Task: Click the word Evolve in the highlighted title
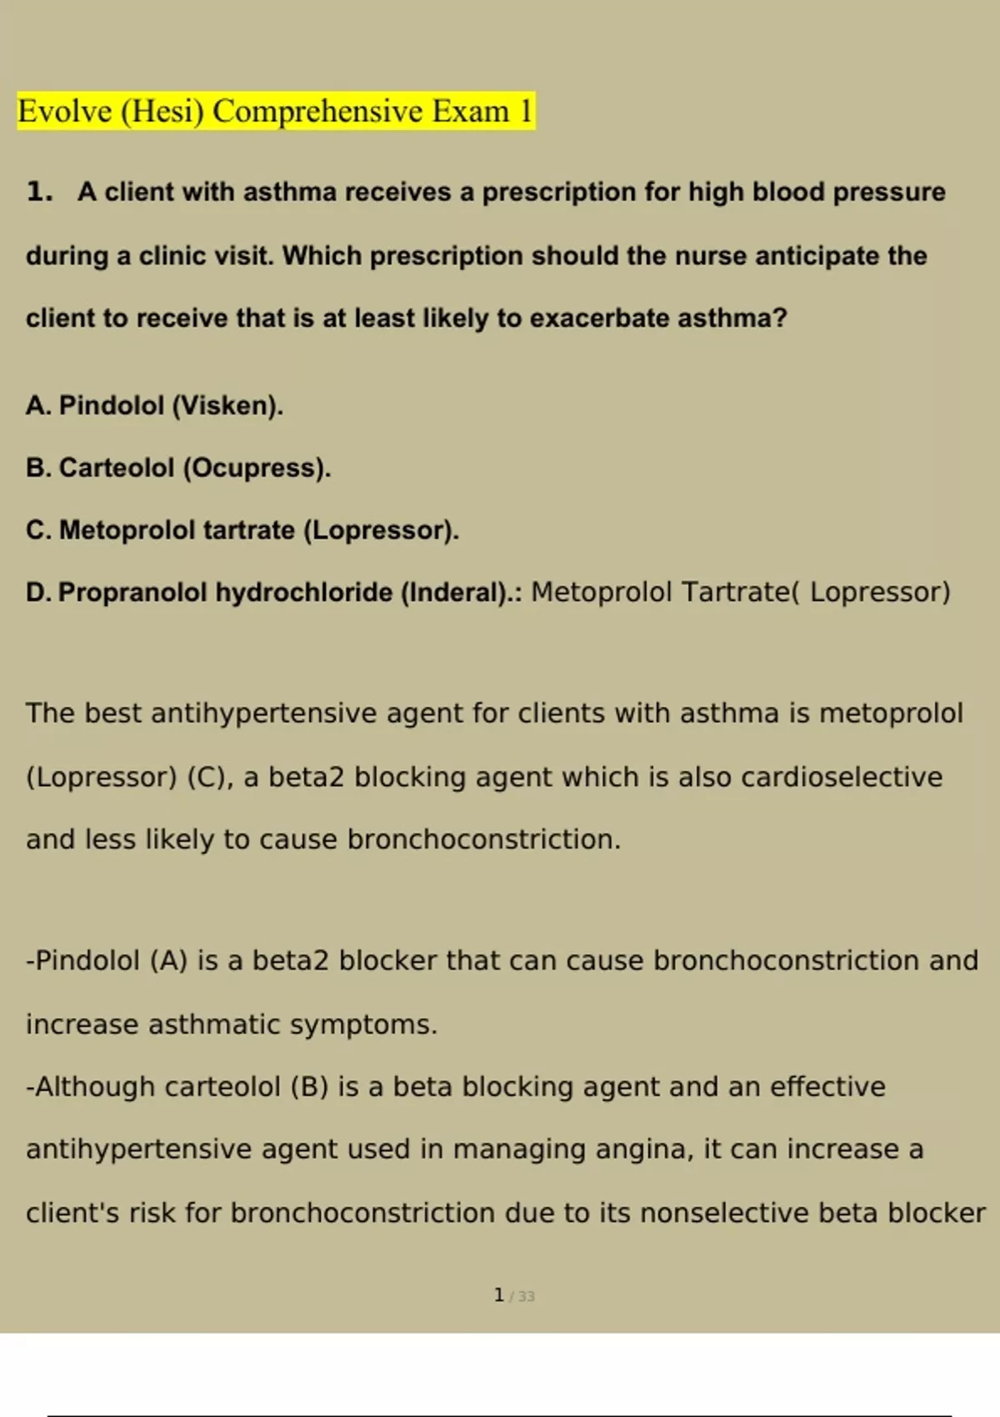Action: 65,111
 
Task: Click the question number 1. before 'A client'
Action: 39,192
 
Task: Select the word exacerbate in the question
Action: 599,318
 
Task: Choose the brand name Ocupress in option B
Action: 256,468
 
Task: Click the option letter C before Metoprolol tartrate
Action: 37,530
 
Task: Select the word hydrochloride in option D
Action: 304,593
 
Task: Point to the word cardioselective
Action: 842,777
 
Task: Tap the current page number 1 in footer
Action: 499,1295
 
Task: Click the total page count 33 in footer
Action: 526,1296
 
